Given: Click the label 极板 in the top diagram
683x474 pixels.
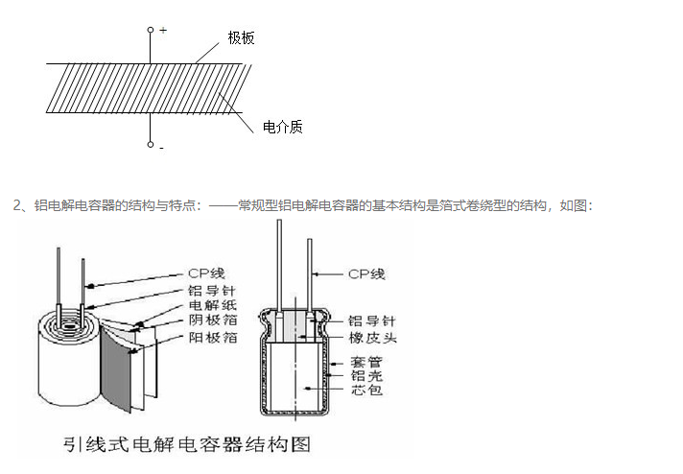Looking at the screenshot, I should pyautogui.click(x=241, y=37).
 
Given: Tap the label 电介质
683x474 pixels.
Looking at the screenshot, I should pyautogui.click(x=282, y=127).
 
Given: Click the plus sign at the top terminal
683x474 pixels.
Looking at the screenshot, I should pyautogui.click(x=163, y=31).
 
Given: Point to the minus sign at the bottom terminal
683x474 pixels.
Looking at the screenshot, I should pyautogui.click(x=161, y=148).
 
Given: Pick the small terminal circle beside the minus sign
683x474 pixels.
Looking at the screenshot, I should pyautogui.click(x=151, y=145).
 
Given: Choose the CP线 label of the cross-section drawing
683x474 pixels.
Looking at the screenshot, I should pyautogui.click(x=365, y=273).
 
